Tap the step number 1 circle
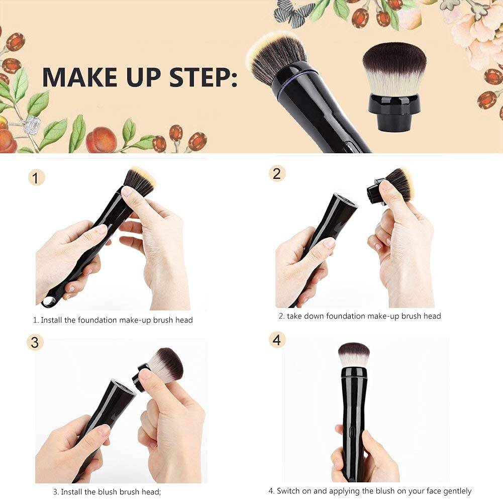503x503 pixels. tap(36, 177)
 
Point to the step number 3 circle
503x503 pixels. tap(35, 342)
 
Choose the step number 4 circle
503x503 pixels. tap(276, 340)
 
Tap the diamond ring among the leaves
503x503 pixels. tap(33, 123)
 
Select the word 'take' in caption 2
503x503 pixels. tap(296, 316)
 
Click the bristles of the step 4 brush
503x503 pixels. tap(354, 353)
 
